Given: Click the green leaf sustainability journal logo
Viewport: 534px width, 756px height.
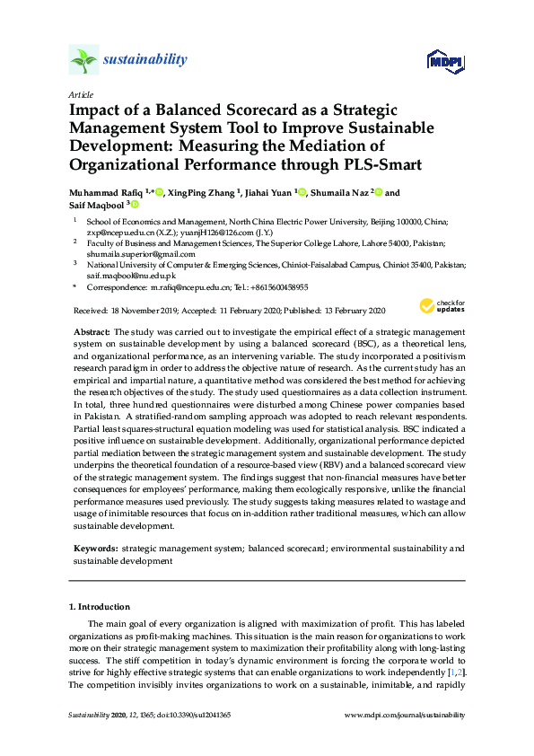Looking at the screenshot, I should tap(84, 60).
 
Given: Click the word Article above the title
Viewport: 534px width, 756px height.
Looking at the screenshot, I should tap(80, 93).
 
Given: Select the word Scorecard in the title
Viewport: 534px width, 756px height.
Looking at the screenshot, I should tap(260, 110).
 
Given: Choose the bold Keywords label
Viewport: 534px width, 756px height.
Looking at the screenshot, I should tap(94, 548).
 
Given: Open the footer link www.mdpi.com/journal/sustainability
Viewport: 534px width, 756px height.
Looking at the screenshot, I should tap(405, 715).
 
